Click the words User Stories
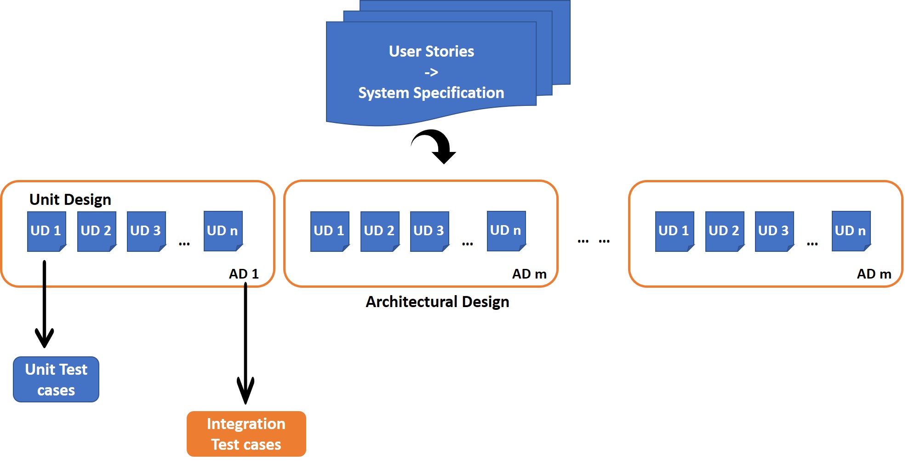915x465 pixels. [431, 51]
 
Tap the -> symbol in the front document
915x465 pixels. [431, 72]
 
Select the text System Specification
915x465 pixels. [431, 93]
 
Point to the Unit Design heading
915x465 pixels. [70, 199]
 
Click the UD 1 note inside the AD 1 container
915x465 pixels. [46, 231]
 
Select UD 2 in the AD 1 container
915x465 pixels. [96, 231]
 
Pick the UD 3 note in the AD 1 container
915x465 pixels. [146, 231]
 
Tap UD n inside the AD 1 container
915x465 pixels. [223, 230]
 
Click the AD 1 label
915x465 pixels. [244, 274]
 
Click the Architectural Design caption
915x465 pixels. [437, 302]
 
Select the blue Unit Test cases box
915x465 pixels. [56, 379]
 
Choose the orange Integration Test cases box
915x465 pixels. [246, 434]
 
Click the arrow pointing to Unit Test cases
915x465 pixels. [45, 304]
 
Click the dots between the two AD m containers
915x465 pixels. [594, 241]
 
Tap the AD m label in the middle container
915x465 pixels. [529, 274]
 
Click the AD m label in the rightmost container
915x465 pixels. [874, 274]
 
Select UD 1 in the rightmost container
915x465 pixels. [674, 231]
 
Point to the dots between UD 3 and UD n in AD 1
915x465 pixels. [184, 244]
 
